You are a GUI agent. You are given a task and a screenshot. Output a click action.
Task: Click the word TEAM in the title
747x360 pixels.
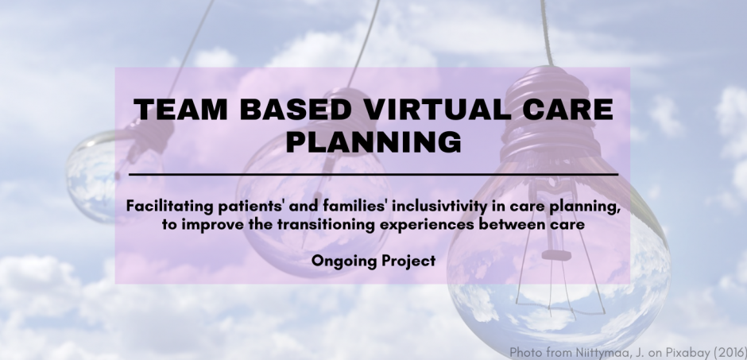(x=180, y=110)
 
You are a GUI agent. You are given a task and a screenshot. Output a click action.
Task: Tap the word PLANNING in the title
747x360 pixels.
(x=373, y=141)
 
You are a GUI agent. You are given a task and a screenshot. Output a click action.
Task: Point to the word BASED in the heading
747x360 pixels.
(x=296, y=110)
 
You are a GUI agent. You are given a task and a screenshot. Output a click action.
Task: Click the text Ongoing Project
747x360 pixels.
(x=373, y=261)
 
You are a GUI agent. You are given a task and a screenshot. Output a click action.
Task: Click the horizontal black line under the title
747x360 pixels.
(x=373, y=175)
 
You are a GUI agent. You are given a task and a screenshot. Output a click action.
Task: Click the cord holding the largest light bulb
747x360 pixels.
(x=546, y=33)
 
